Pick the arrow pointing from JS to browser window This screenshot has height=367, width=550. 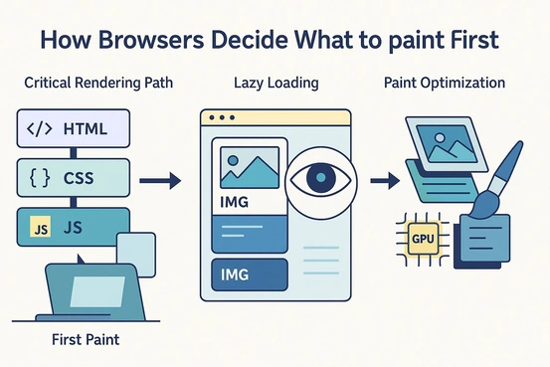pyautogui.click(x=159, y=181)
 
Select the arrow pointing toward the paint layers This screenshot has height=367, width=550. pyautogui.click(x=381, y=181)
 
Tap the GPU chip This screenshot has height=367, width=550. pyautogui.click(x=424, y=239)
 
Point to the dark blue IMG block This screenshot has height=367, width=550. pyautogui.click(x=245, y=274)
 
